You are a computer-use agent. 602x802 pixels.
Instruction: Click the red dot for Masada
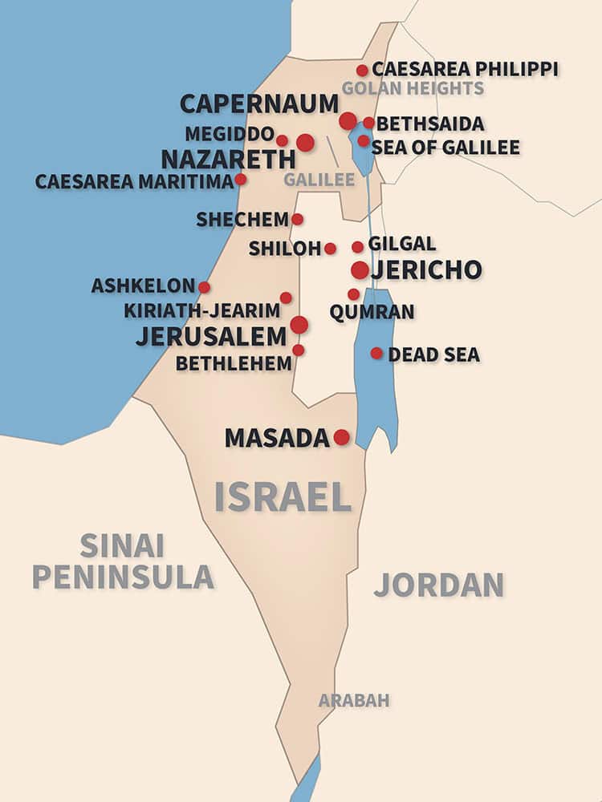342,437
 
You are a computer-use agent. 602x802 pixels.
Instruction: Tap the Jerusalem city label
210,336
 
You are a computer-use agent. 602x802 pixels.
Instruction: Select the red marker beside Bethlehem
299,350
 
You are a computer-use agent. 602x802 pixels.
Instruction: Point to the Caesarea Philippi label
465,69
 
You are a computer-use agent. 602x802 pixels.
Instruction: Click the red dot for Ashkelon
205,287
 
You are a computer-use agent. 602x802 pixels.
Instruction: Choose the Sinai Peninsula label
123,561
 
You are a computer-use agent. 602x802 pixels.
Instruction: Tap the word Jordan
438,585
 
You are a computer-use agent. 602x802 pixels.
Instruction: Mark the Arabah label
354,700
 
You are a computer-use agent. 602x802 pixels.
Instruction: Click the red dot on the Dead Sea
376,353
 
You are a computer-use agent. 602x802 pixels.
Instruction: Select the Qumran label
372,312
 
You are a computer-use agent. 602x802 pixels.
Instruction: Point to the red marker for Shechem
297,219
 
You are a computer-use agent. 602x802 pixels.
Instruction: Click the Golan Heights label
413,88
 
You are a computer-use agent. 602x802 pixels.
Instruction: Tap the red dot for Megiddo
282,140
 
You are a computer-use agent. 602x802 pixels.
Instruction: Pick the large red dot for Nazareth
305,143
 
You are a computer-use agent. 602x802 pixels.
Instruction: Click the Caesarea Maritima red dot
241,179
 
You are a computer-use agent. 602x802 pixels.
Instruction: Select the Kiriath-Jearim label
201,310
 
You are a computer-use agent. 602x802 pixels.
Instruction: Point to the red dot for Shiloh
330,249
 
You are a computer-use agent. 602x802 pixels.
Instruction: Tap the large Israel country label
283,497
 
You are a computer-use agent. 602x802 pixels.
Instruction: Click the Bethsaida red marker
368,123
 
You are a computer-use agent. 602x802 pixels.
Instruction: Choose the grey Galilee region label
319,180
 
